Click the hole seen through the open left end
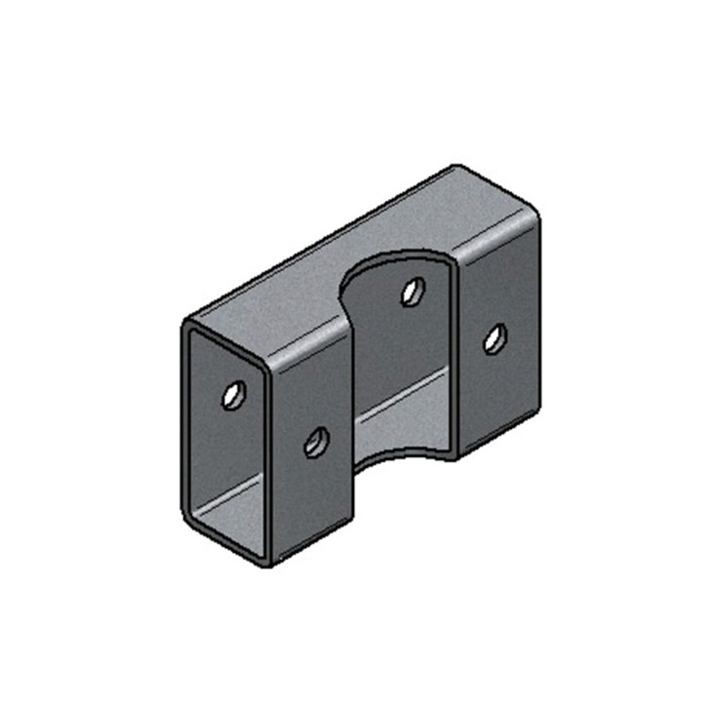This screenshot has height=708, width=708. [232, 395]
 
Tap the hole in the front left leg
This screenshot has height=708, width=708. [315, 444]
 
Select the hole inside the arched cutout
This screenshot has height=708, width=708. [412, 291]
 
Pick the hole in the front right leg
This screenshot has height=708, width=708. [494, 338]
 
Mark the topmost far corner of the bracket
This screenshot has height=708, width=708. [456, 168]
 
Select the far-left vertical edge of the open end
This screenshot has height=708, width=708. [183, 419]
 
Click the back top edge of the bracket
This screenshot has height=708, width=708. [322, 244]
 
